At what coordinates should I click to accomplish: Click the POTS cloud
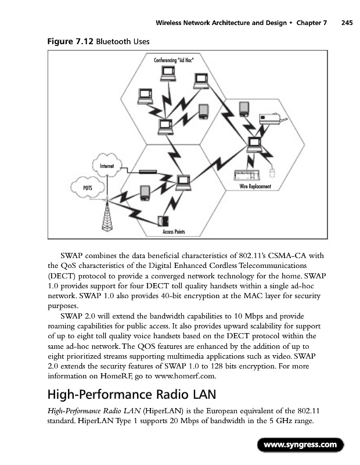click(x=88, y=188)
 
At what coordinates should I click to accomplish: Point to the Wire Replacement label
click(x=255, y=186)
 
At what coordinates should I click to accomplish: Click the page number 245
click(x=347, y=23)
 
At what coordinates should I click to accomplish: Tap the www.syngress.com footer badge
click(x=300, y=445)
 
